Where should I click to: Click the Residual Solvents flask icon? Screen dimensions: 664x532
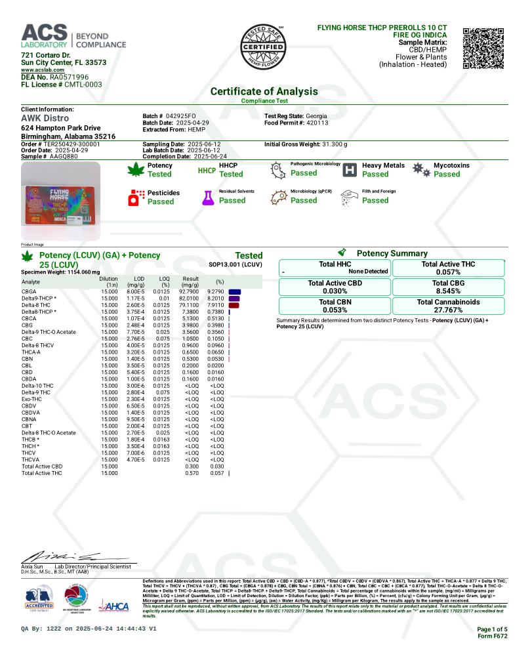click(x=209, y=197)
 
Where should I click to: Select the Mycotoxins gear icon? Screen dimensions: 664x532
click(x=421, y=170)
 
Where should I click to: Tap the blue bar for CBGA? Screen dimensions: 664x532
click(x=235, y=291)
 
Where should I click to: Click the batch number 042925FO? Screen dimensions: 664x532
click(x=180, y=115)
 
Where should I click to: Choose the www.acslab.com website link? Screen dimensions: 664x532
click(x=43, y=70)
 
